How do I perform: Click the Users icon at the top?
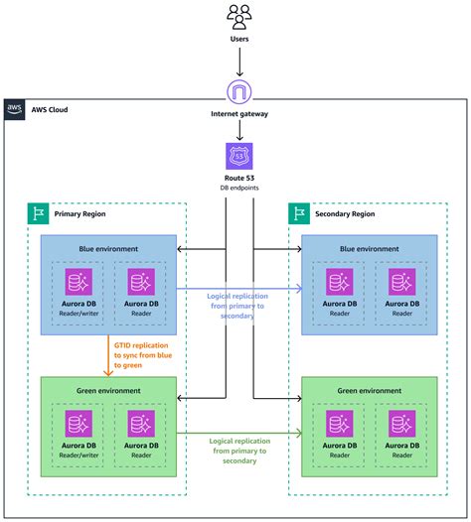pyautogui.click(x=238, y=17)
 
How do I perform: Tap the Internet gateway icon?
pyautogui.click(x=238, y=93)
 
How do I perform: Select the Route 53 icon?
pyautogui.click(x=238, y=156)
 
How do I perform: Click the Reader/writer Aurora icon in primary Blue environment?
pyautogui.click(x=78, y=282)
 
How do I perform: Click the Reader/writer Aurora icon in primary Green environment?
pyautogui.click(x=78, y=424)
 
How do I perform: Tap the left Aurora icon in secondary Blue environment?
pyautogui.click(x=339, y=282)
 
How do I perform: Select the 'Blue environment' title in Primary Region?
pyautogui.click(x=109, y=249)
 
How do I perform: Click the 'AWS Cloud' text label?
pyautogui.click(x=51, y=110)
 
